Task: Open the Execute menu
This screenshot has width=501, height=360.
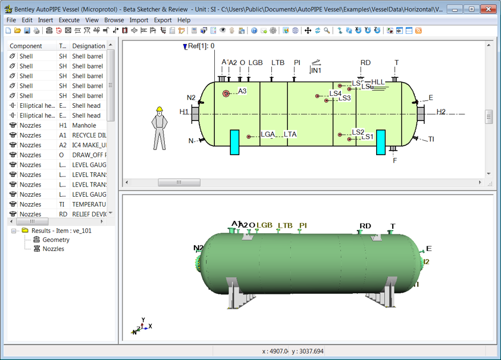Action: click(69, 20)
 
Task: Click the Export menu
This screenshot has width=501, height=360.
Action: click(162, 20)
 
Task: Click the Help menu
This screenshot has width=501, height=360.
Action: click(184, 20)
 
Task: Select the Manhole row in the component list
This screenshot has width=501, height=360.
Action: click(84, 126)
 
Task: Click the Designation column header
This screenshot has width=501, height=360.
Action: click(88, 46)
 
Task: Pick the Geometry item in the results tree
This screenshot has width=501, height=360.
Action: click(56, 240)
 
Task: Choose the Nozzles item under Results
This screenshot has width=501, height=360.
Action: click(53, 249)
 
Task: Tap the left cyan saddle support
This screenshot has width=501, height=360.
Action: click(234, 142)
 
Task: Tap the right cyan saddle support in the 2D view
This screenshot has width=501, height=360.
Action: click(380, 142)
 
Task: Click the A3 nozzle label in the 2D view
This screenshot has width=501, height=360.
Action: click(242, 91)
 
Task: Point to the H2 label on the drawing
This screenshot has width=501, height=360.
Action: click(441, 112)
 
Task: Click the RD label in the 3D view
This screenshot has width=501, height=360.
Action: click(365, 226)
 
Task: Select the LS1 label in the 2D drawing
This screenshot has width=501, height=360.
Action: click(367, 137)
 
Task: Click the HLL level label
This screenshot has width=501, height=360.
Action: click(378, 83)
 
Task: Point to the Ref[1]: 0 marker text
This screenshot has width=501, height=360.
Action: click(201, 46)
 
